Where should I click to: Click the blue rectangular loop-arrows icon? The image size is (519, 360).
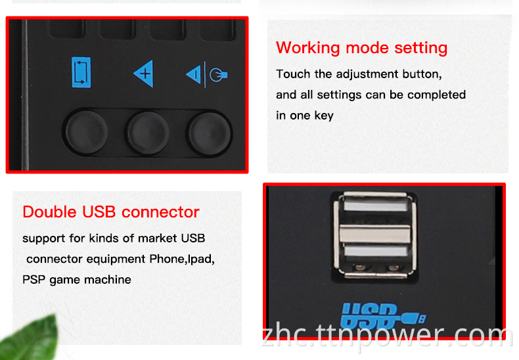(x=81, y=72)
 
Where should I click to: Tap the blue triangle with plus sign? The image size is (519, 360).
(x=144, y=74)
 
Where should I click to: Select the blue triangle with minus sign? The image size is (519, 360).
(x=194, y=75)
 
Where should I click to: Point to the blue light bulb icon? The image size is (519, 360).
(x=218, y=75)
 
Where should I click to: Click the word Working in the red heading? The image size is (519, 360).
(x=308, y=49)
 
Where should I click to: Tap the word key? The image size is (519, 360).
(x=324, y=116)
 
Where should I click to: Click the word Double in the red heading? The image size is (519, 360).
(x=50, y=212)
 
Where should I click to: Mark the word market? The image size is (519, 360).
(x=158, y=238)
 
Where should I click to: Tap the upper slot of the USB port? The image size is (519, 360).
(x=375, y=205)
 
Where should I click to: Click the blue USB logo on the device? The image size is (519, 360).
(x=383, y=315)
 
